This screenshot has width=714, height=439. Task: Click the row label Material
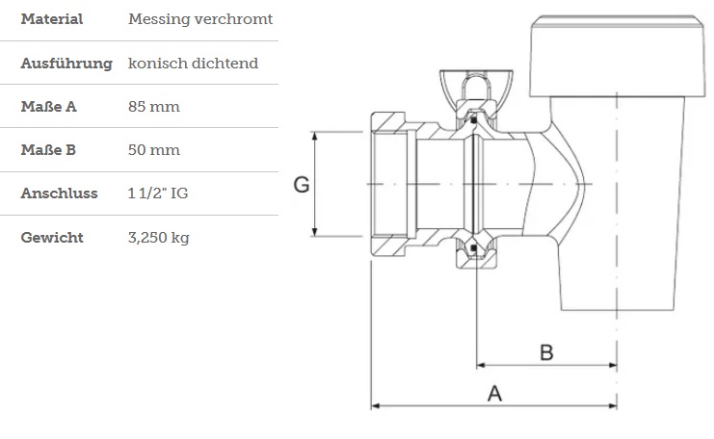tap(51, 19)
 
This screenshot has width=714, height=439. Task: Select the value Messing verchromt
tap(200, 19)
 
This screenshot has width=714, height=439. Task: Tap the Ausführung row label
tap(66, 64)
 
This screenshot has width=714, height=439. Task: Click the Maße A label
tap(49, 107)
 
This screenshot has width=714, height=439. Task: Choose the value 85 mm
tap(153, 107)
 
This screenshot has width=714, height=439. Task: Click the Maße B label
tap(49, 150)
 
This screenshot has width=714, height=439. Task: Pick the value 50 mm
tap(153, 150)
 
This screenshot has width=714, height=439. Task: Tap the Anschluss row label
tap(60, 194)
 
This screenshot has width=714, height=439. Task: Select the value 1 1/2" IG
tap(158, 194)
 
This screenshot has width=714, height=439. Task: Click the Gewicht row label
tap(52, 238)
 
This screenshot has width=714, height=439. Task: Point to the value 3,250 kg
tap(159, 238)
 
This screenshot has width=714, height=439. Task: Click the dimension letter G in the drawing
tap(302, 185)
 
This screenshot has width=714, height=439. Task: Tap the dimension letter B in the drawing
tap(546, 352)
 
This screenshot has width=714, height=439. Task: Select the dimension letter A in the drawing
tap(495, 394)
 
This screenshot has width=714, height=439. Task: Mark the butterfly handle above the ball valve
tap(468, 82)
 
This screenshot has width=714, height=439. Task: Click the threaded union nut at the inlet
tap(391, 184)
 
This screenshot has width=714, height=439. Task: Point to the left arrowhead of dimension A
tap(377, 406)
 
